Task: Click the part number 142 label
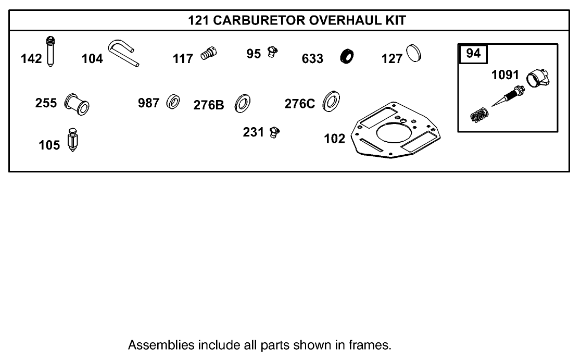pos(31,58)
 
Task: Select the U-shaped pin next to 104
pos(123,54)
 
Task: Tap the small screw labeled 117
pos(209,53)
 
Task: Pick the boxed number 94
pos(473,54)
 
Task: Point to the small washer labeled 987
pos(173,102)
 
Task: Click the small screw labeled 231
pos(274,132)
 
